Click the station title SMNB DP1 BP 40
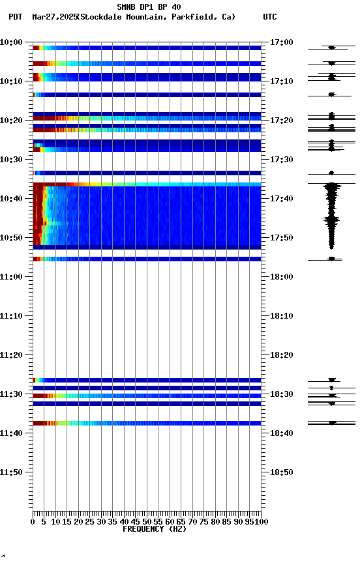(149, 7)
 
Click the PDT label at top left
(16, 17)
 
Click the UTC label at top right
(269, 17)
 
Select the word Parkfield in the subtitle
(194, 17)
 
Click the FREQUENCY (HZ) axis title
(147, 529)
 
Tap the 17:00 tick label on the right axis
(280, 42)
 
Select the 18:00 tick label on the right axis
(280, 277)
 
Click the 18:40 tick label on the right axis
(280, 433)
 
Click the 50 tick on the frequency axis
(147, 522)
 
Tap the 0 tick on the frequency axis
(33, 522)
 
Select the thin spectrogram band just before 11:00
(147, 259)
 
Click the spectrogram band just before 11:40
(147, 423)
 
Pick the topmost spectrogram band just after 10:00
(147, 48)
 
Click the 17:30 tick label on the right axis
(280, 160)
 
